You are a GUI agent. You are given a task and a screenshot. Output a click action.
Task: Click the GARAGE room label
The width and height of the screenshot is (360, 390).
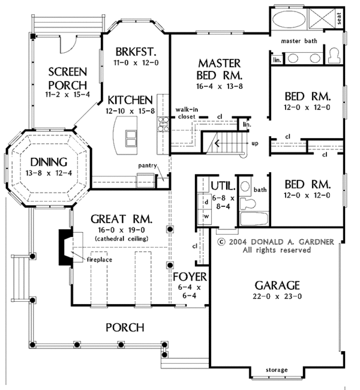[x=276, y=285]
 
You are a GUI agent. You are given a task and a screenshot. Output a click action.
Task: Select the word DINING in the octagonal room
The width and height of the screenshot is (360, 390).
[x=46, y=163]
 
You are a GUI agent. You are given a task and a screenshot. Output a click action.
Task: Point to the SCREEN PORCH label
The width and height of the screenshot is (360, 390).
[x=67, y=77]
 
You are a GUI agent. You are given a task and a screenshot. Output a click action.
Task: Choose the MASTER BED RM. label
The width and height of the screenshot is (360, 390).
[x=219, y=69]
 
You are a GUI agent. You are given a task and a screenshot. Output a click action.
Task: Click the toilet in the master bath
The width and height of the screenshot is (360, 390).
[x=334, y=55]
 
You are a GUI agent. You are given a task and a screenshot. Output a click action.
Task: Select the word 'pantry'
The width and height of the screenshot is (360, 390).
[x=147, y=165]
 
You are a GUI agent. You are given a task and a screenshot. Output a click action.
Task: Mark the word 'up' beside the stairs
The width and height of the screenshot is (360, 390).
[x=254, y=144]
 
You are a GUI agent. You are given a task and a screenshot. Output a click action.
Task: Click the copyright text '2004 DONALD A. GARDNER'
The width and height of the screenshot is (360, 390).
[x=275, y=242]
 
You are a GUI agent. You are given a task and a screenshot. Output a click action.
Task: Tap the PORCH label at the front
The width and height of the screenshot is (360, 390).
[x=125, y=327]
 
